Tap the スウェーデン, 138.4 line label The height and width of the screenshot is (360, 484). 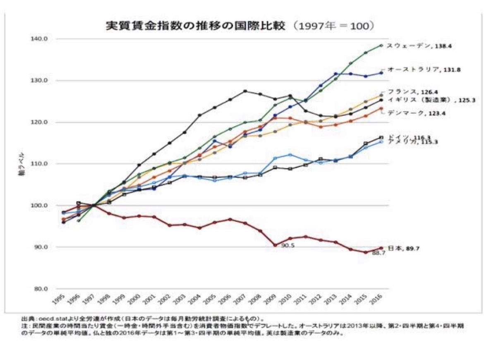click(419, 46)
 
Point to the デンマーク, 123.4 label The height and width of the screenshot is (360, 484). click(416, 113)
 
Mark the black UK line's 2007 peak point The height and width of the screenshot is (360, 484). click(245, 91)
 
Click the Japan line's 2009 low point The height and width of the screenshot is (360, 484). click(275, 245)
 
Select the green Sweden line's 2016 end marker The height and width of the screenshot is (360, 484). click(381, 45)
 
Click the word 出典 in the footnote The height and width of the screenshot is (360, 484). click(27, 319)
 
